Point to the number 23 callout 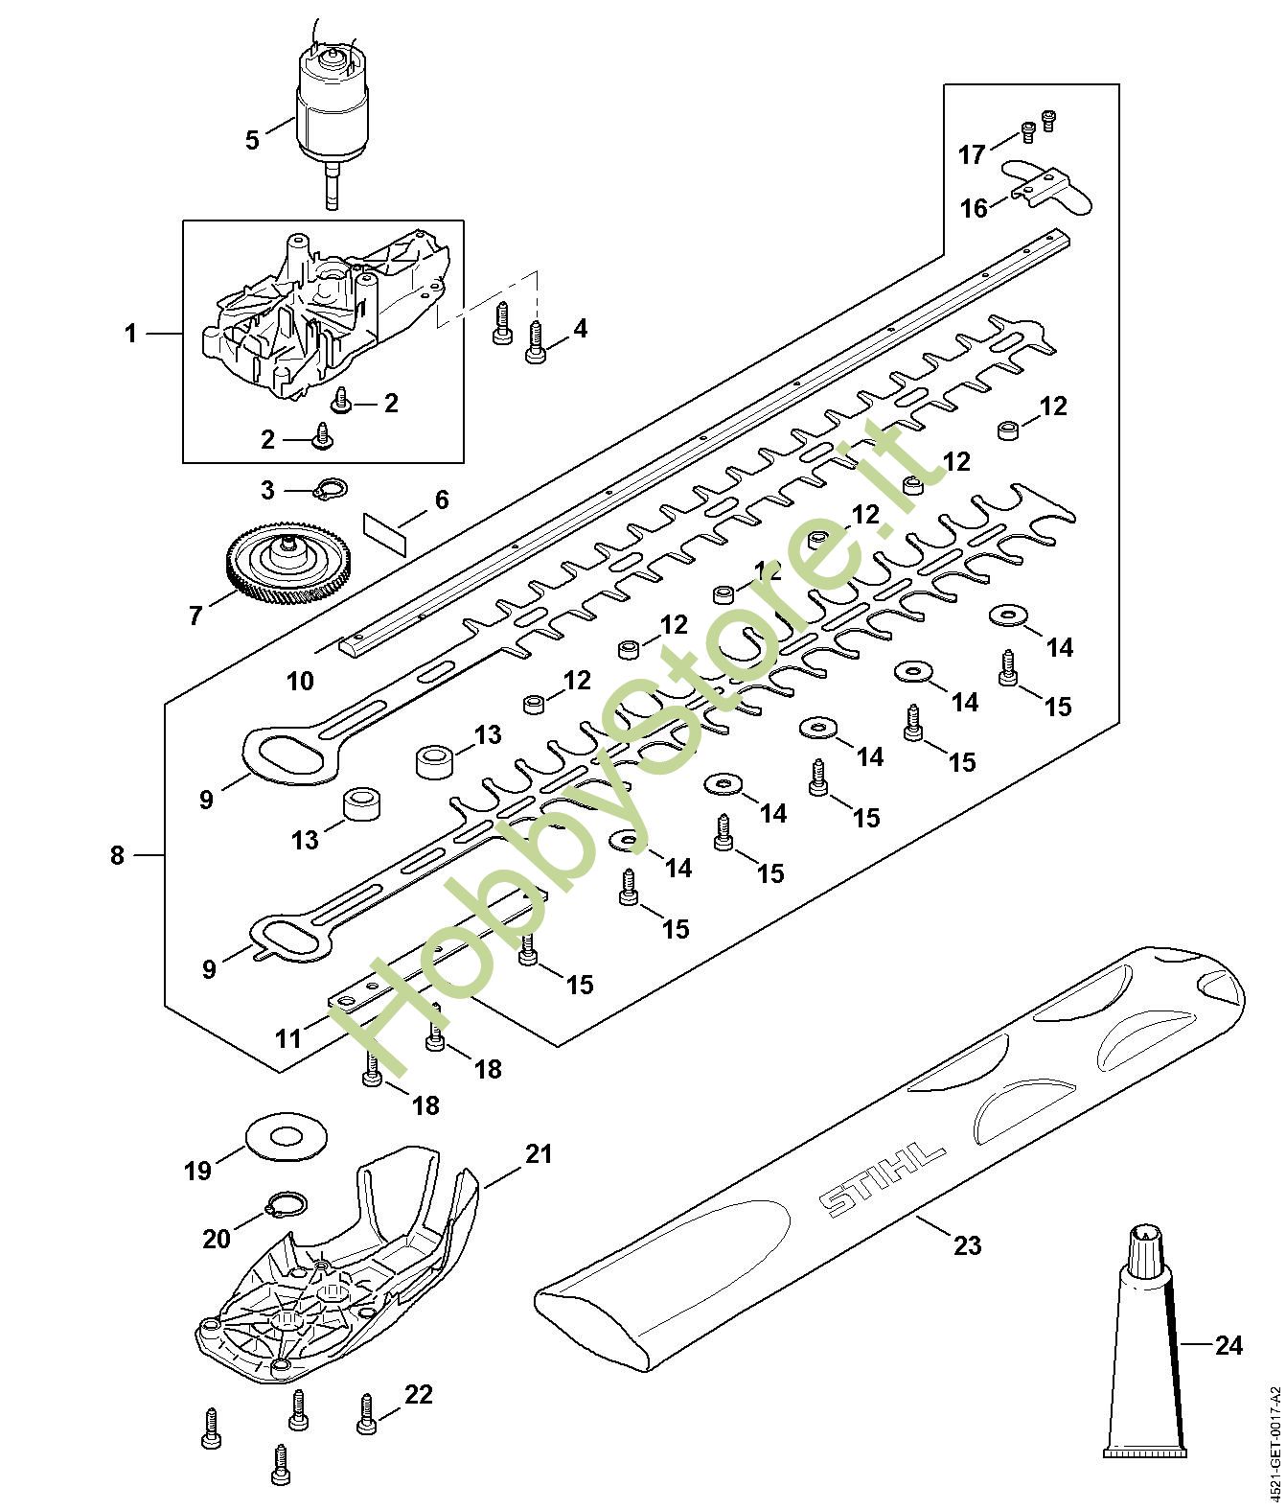pos(968,1245)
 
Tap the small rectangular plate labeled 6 pos(386,533)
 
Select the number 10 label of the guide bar pos(300,681)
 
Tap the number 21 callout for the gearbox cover pos(539,1153)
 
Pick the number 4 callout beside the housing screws pos(580,329)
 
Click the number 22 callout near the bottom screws pos(418,1394)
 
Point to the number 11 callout pos(288,1038)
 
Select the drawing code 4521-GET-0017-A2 pos(1274,1438)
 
